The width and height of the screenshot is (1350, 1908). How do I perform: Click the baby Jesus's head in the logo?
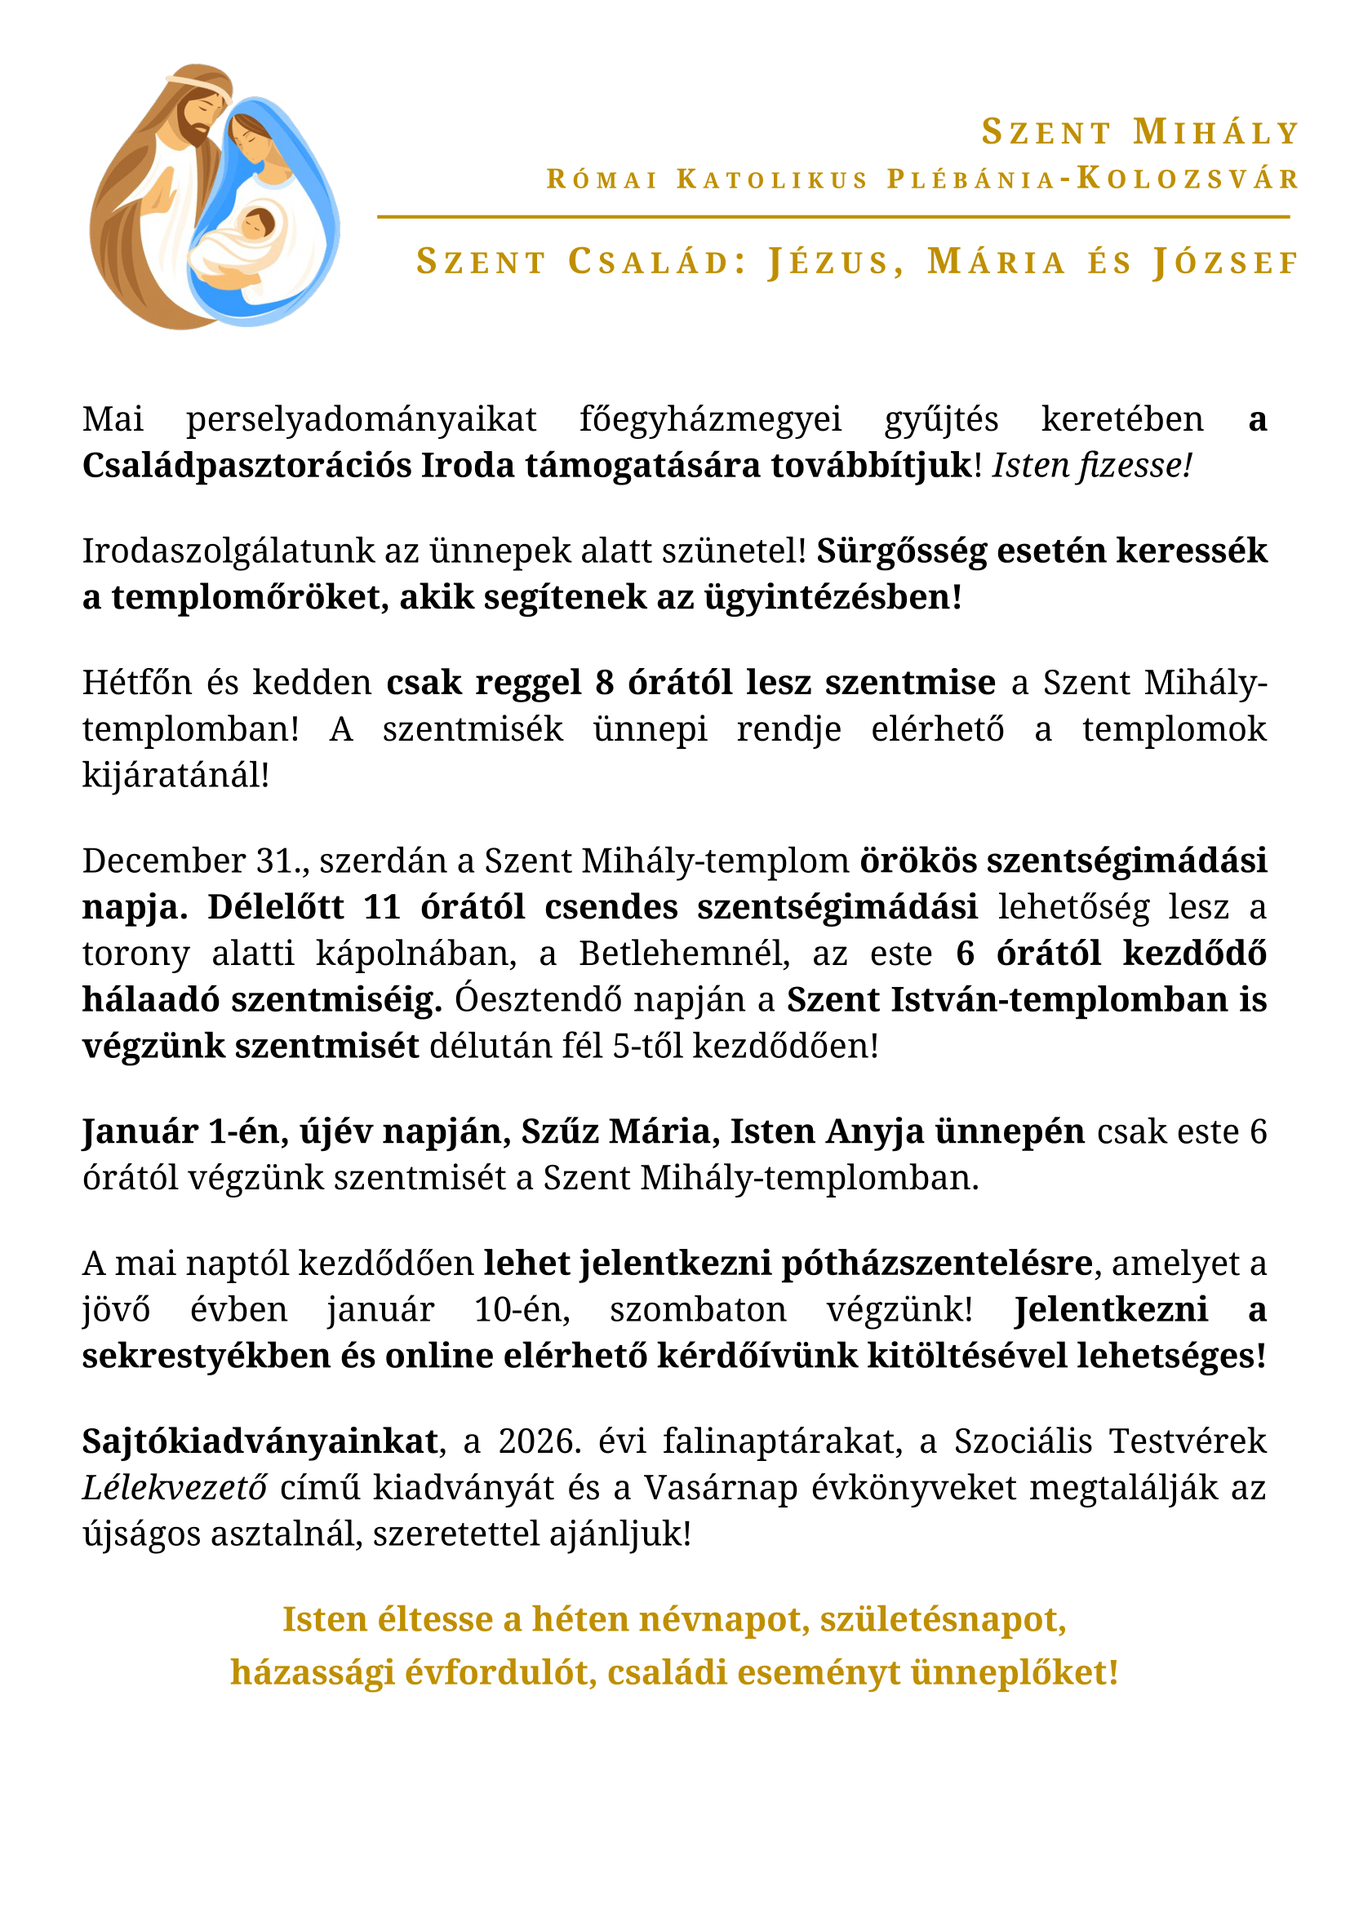[257, 222]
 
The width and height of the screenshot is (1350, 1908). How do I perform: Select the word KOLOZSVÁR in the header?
[1188, 179]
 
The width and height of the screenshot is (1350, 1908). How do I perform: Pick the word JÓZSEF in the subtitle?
[1226, 262]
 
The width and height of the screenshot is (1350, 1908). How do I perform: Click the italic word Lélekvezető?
[175, 1487]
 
